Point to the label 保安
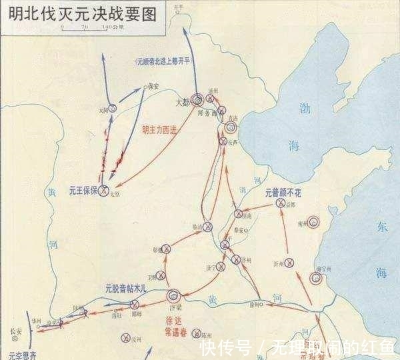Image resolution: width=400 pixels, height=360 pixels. point(154,85)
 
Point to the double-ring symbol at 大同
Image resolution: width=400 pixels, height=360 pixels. point(113,107)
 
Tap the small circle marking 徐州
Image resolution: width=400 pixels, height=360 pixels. point(261,305)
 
